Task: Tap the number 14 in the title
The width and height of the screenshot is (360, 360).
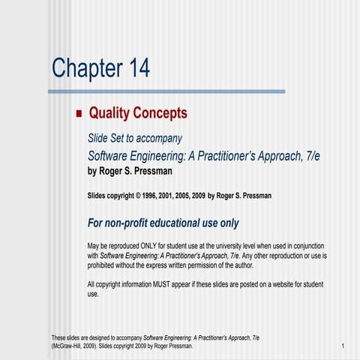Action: [135, 68]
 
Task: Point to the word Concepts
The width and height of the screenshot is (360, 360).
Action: [159, 113]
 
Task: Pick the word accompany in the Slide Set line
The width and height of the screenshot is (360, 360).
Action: [159, 138]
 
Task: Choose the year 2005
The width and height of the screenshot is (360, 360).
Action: [203, 196]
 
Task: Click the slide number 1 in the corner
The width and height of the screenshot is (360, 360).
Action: [341, 346]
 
